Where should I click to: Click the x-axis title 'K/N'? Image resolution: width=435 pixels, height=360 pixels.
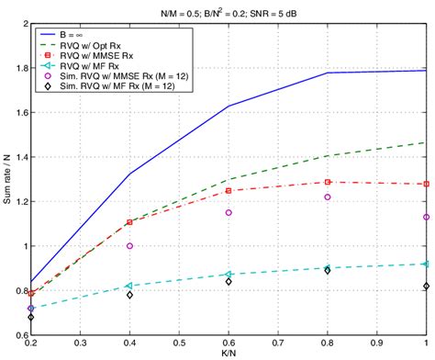228,354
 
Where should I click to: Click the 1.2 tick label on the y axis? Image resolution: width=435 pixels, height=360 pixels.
19,201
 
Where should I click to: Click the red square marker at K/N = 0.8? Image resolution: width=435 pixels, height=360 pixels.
327,182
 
